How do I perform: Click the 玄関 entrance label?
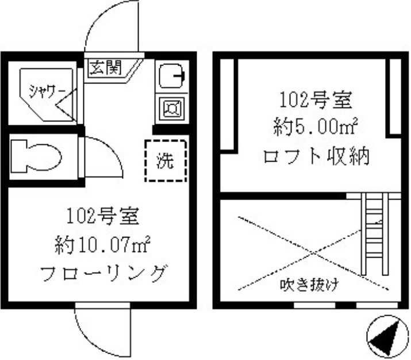(106, 68)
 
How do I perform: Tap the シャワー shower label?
(47, 92)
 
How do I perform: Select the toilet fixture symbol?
(36, 156)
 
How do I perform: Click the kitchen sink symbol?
(172, 75)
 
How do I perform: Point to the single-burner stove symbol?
(172, 108)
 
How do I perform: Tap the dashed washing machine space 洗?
(166, 160)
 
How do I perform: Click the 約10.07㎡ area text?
(102, 245)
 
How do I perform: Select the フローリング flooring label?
(104, 274)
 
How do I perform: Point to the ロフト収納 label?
(316, 156)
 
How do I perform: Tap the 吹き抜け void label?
(309, 285)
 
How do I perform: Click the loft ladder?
(375, 234)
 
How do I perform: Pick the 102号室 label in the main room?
(102, 216)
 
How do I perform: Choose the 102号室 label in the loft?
(316, 99)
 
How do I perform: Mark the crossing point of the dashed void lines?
(313, 253)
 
